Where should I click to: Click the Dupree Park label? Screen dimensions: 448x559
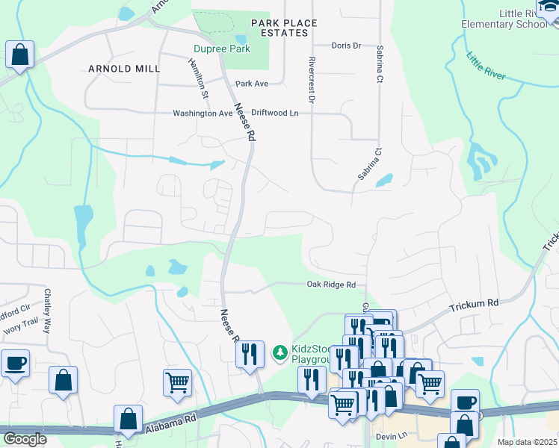coord(221,50)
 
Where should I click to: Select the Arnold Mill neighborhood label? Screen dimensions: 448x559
coord(124,69)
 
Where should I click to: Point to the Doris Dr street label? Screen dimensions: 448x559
coord(346,46)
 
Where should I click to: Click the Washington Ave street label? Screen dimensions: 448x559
coord(203,113)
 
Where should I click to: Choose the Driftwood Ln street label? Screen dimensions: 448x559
coord(274,113)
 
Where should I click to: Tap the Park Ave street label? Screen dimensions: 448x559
coord(251,84)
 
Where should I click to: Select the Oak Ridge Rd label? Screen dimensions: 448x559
coord(330,284)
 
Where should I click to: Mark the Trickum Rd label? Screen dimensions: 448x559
coord(474,303)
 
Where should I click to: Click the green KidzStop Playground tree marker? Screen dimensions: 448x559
coord(279,351)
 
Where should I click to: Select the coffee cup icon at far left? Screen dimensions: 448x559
coord(16,364)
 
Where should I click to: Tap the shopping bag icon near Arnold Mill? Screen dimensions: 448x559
coord(19,55)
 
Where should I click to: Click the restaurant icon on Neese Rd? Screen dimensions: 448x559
coord(250,355)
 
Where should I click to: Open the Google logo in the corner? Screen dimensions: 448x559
coord(25,439)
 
